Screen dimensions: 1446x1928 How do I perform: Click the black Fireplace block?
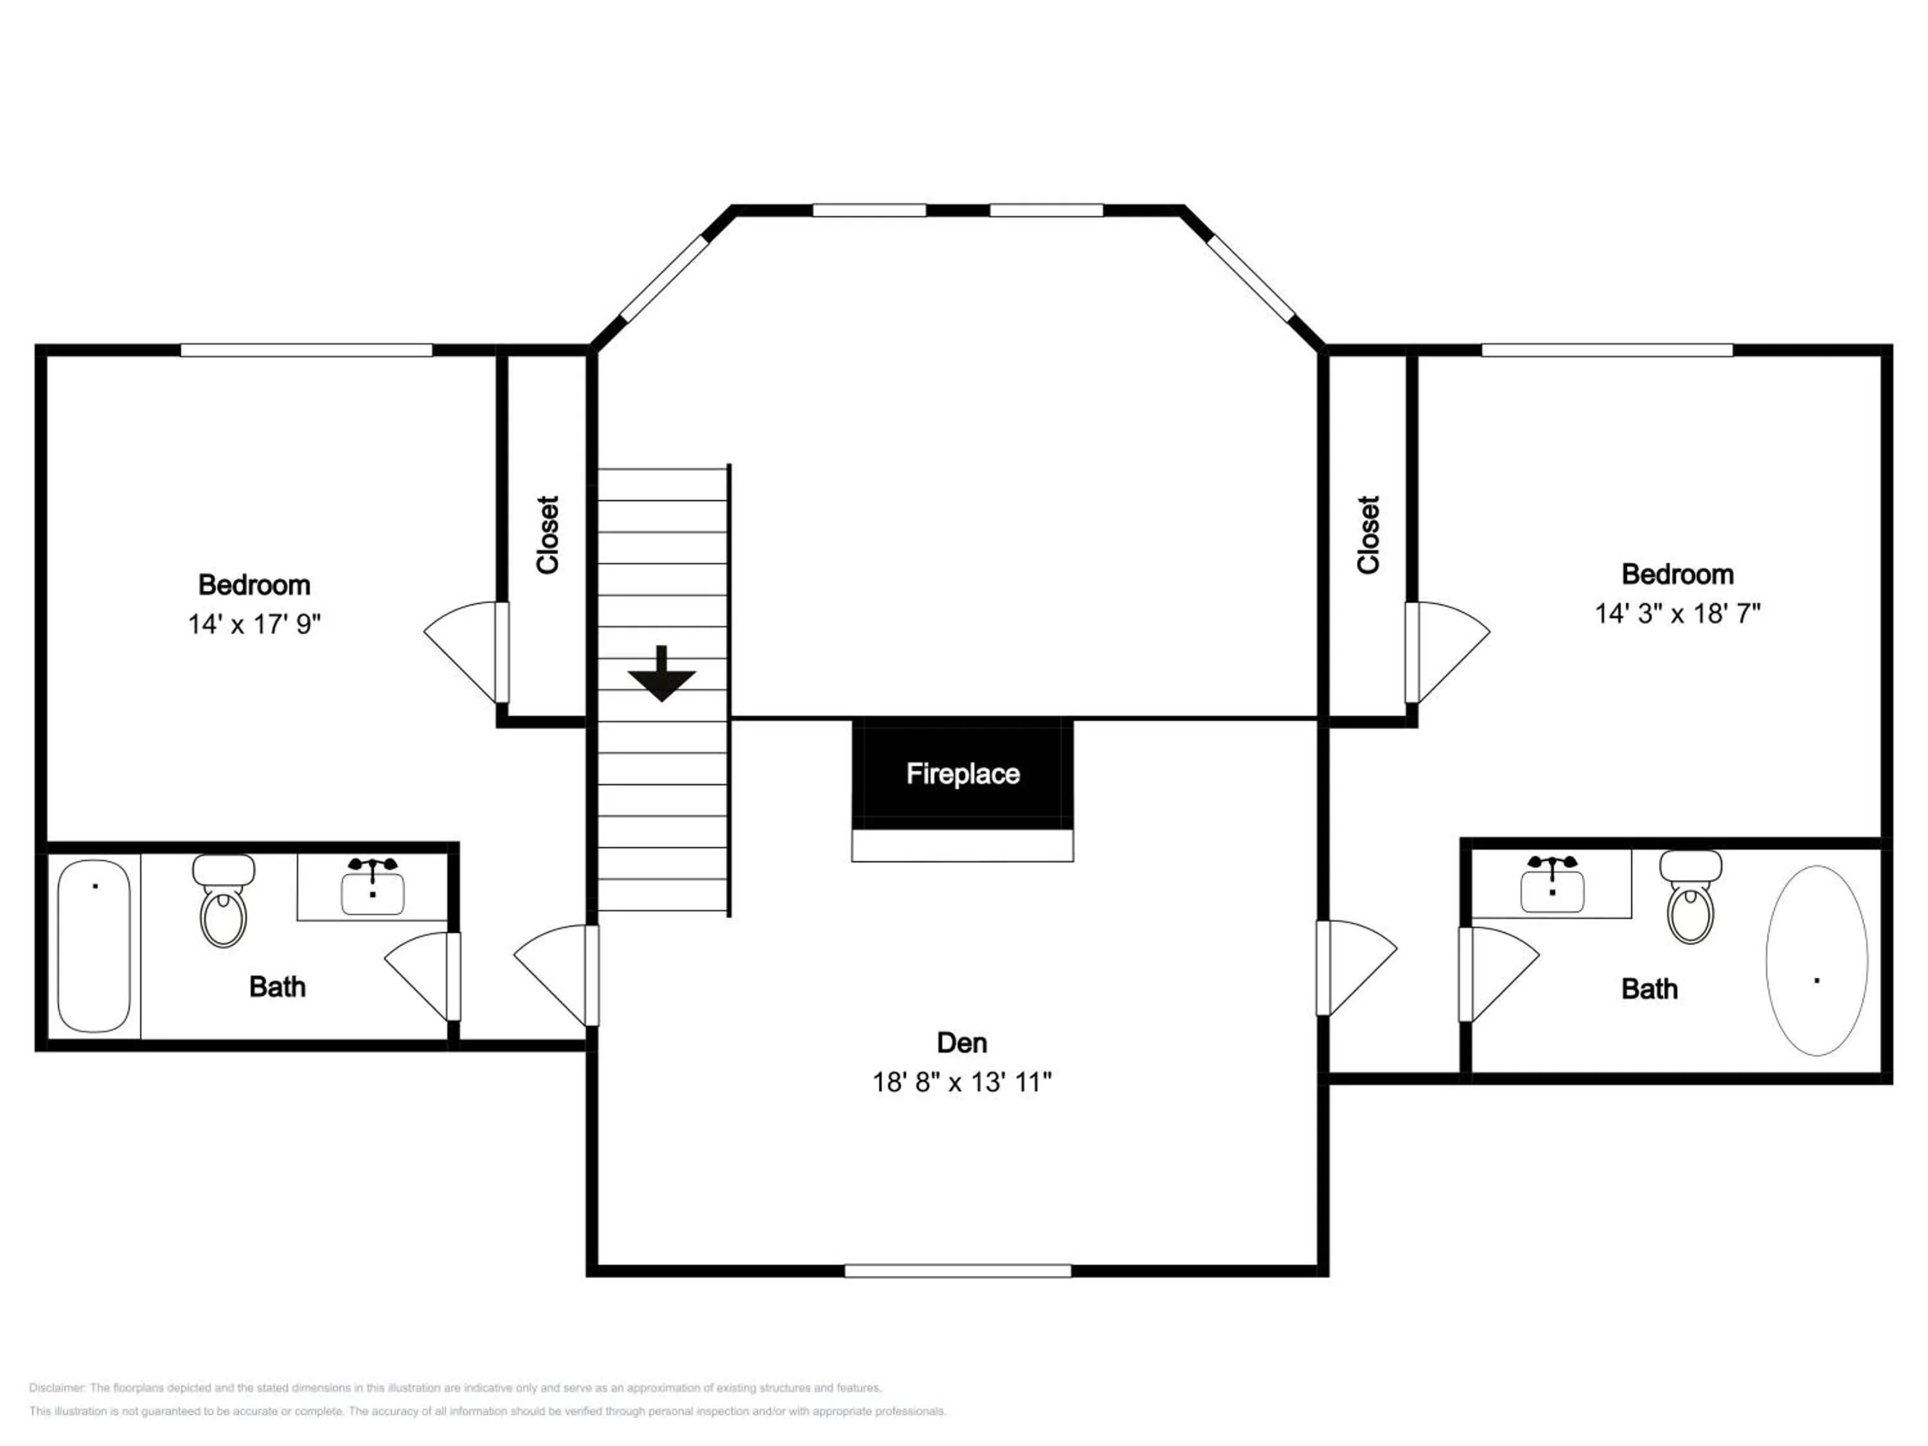(961, 773)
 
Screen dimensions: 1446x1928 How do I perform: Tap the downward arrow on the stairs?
(661, 675)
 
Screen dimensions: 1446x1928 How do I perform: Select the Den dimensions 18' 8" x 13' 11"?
(961, 1082)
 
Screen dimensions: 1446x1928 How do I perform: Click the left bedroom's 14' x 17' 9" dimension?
(254, 624)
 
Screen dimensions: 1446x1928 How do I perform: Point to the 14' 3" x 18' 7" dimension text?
(1676, 614)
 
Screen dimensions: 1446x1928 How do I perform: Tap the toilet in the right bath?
(1690, 898)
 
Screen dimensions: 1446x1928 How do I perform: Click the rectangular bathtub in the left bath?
(93, 946)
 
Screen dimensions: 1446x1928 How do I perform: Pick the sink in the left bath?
(372, 888)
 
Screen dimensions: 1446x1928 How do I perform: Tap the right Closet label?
(1368, 535)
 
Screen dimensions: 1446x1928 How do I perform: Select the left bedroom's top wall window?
(306, 350)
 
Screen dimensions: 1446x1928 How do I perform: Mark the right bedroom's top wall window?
(1607, 350)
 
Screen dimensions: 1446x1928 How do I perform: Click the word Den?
(961, 1042)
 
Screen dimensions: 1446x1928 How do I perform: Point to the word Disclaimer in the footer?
(57, 1388)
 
